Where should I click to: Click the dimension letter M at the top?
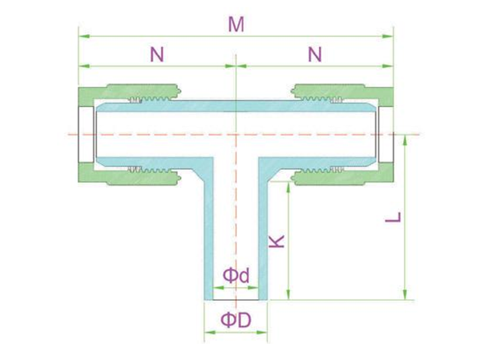[x=236, y=25]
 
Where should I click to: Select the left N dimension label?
[x=157, y=55]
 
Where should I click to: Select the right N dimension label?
[x=315, y=55]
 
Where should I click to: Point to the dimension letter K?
[x=277, y=241]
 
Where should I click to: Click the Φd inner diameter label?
[x=236, y=275]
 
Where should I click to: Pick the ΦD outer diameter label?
[x=236, y=320]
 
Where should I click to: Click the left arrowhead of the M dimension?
[x=84, y=37]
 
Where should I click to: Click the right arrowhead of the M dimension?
[x=388, y=37]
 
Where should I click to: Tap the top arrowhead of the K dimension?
[x=288, y=187]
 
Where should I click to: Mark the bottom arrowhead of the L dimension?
[x=405, y=294]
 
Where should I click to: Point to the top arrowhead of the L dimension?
[x=405, y=140]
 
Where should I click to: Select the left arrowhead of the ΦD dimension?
[x=209, y=332]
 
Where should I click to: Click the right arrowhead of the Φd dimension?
[x=253, y=287]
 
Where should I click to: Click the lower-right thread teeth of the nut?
[x=322, y=169]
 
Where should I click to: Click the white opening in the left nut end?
[x=86, y=134]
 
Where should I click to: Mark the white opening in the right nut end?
[x=386, y=134]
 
